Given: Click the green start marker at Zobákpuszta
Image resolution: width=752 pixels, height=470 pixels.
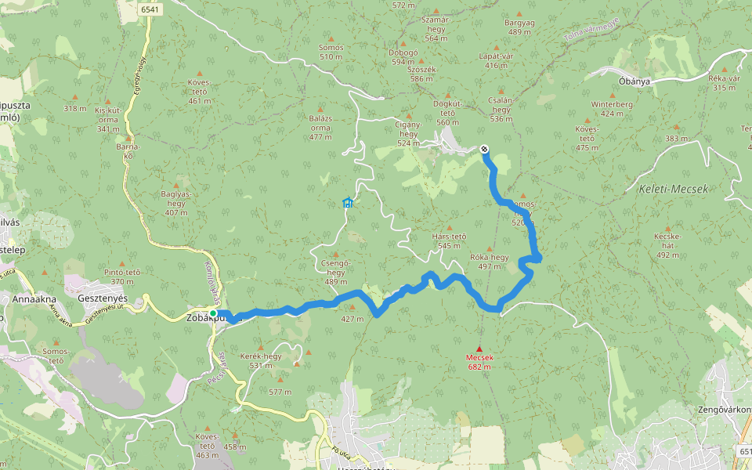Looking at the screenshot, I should tap(213, 313).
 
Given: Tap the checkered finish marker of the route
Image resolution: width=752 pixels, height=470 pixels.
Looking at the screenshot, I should tap(485, 150).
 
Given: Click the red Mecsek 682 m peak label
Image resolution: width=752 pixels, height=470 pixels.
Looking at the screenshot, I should tap(480, 361).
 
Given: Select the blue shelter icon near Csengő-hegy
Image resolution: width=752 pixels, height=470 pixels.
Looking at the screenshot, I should tap(348, 204).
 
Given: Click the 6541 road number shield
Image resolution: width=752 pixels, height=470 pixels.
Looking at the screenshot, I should tap(151, 9).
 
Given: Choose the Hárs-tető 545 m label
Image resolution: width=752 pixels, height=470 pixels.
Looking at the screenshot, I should tap(449, 240).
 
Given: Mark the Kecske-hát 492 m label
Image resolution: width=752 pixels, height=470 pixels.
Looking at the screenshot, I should tap(667, 245).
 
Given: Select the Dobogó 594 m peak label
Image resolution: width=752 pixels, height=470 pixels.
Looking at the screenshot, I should tap(403, 56).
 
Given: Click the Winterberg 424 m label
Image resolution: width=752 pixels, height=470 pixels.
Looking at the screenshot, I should tap(612, 108).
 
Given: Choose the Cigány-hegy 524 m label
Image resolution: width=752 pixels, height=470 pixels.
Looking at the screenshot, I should tap(408, 133).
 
